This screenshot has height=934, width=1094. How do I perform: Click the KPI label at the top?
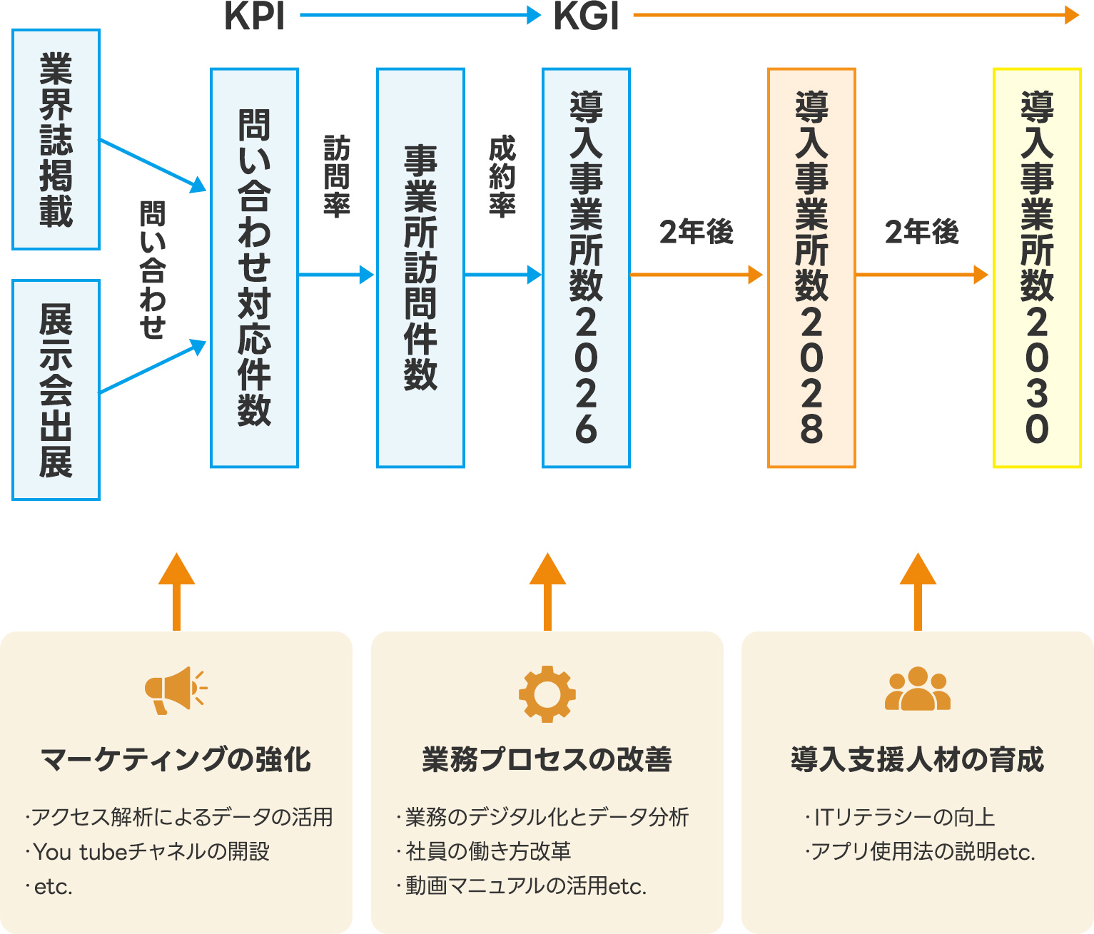(255, 16)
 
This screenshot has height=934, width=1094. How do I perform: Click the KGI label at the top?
(586, 16)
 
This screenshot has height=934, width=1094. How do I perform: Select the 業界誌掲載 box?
(56, 139)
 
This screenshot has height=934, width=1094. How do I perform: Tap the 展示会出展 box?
(56, 390)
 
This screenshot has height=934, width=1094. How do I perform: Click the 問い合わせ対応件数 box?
(255, 268)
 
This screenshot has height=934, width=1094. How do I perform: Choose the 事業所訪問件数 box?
(421, 268)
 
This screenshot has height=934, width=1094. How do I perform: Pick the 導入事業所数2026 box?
(587, 268)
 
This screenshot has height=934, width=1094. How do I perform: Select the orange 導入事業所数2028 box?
(812, 268)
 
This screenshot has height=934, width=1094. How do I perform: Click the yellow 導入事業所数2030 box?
(1038, 268)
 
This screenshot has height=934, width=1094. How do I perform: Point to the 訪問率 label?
(337, 176)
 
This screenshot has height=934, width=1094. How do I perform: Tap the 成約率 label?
(502, 176)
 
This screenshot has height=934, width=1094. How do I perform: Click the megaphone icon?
(176, 690)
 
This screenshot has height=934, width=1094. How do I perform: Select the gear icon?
(547, 694)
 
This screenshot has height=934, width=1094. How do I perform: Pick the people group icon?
(918, 689)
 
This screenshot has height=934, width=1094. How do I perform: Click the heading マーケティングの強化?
(176, 760)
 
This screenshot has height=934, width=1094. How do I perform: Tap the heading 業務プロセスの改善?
(547, 760)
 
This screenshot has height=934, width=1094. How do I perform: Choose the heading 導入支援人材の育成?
(918, 760)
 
